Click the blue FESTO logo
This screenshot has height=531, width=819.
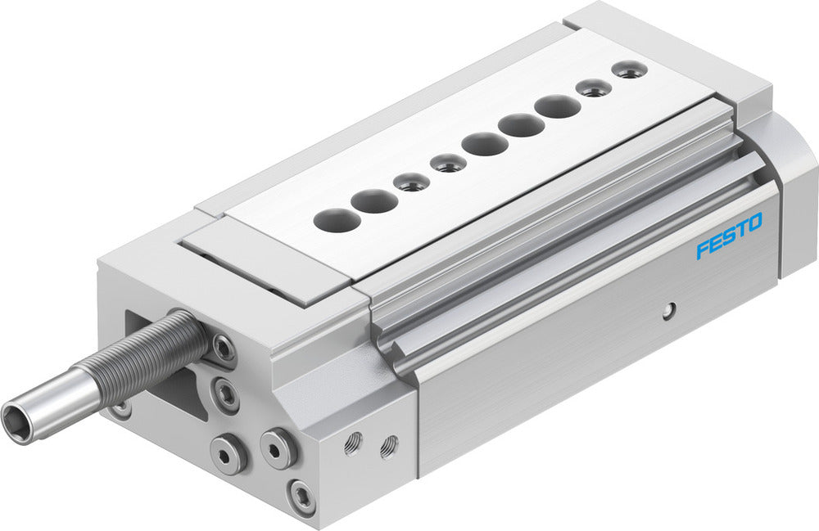point(729,236)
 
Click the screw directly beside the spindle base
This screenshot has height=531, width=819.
point(223,348)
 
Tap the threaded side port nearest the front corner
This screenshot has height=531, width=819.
point(353,443)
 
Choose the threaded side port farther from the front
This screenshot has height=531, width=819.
point(389,447)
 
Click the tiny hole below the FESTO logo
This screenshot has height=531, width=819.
point(670,309)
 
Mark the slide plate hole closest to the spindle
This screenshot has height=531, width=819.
point(333,218)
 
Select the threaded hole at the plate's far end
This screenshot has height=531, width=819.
point(628,71)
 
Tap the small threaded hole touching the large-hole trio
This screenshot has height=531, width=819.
point(448,163)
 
